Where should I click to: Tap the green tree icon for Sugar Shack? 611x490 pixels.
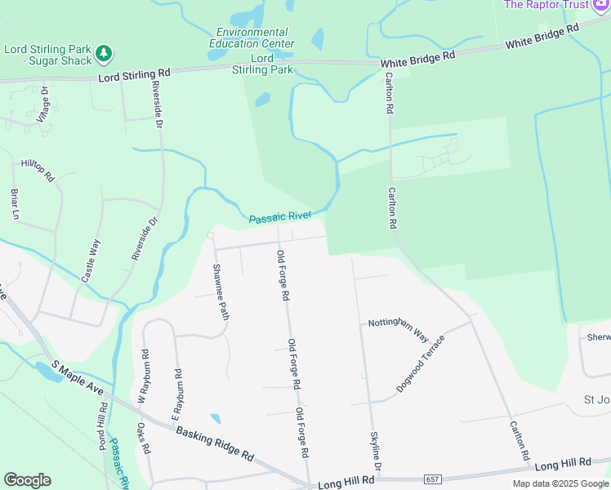[x=103, y=54]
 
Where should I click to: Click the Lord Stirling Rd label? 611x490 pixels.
[x=134, y=74]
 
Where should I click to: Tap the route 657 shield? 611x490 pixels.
[x=432, y=477]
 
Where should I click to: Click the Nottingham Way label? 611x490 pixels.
[x=399, y=328]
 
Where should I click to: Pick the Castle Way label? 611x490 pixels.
[x=91, y=261]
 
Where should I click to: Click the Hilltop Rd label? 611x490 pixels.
[x=38, y=170]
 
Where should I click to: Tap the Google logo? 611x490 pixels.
[x=27, y=480]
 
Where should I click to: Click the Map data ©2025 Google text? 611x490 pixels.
[x=560, y=483]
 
